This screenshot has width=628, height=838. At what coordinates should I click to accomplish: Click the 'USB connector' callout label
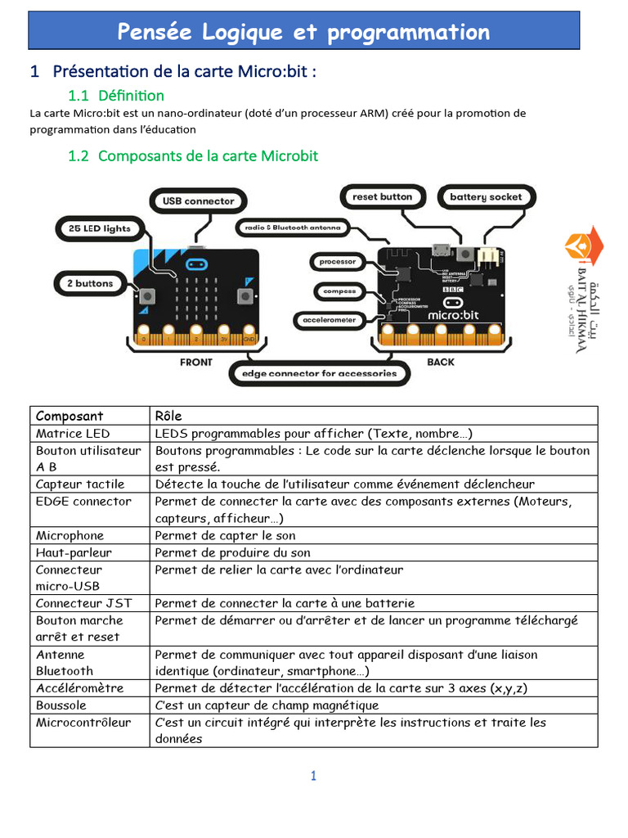[x=198, y=200]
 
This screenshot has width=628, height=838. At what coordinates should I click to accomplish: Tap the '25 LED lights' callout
[x=94, y=228]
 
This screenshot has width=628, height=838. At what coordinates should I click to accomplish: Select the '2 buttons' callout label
[x=89, y=283]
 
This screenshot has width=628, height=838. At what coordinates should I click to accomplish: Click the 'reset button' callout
[x=382, y=196]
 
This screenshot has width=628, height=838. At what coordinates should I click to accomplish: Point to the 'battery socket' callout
[x=486, y=197]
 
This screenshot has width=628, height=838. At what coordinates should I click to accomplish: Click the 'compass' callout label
[x=339, y=291]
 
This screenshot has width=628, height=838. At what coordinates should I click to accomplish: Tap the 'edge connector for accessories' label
[x=319, y=373]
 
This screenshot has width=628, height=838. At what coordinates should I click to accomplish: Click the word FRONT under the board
[x=195, y=362]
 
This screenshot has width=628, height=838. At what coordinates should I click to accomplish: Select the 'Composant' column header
[x=70, y=416]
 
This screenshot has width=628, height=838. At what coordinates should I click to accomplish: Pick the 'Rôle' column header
[x=168, y=416]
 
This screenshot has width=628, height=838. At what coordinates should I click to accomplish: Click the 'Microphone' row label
[x=70, y=535]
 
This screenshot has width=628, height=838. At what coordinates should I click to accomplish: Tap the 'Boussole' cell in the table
[x=61, y=705]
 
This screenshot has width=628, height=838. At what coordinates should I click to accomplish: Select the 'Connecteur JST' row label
[x=83, y=603]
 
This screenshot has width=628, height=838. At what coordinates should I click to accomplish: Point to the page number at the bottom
[x=313, y=776]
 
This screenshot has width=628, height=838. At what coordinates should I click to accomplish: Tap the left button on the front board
[x=148, y=295]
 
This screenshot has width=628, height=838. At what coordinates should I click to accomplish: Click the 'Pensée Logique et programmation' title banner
[x=304, y=32]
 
